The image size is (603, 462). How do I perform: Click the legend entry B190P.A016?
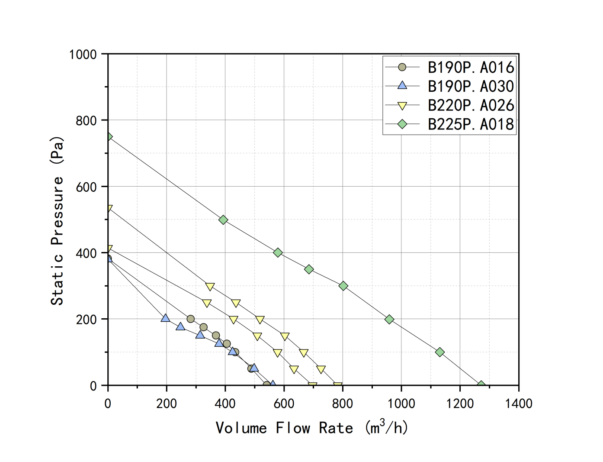pos(470,67)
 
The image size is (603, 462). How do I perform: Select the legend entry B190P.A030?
pos(470,86)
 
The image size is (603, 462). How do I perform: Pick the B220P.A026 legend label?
pos(470,105)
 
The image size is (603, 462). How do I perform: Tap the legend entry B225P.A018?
pos(470,124)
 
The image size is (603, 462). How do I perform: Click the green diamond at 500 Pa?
pos(223,220)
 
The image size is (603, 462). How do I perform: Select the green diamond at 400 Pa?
pos(278,253)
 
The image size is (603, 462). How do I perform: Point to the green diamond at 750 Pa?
pos(109,137)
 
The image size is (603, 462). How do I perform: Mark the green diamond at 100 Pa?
pos(440,352)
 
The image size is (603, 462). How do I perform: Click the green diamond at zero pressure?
pos(481,385)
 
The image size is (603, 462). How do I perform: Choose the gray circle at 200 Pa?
pos(190,319)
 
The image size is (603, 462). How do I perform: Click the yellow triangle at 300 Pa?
pos(210,287)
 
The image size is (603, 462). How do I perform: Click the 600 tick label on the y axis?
pos(86,187)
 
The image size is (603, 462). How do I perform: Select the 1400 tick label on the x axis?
pos(519,404)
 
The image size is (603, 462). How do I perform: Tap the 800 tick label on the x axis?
pos(343,404)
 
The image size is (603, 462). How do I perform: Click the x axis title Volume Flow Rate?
pos(311,428)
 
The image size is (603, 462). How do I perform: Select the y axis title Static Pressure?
pos(57,221)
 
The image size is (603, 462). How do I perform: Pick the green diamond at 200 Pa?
pos(389,320)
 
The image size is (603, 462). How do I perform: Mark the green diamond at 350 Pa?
pos(309,269)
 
